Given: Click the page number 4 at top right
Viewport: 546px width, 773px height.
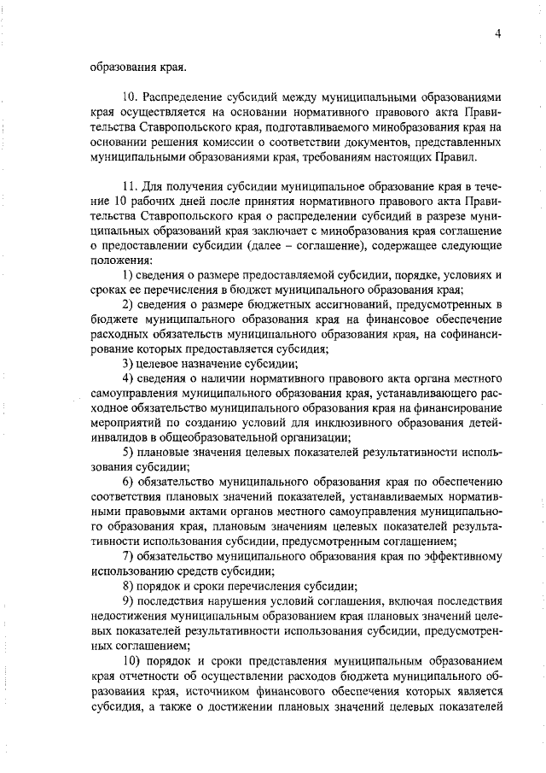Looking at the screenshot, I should (497, 33).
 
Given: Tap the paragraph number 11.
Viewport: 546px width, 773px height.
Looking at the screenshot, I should (130, 187).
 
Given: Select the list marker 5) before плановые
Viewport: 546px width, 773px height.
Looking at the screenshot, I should (128, 450).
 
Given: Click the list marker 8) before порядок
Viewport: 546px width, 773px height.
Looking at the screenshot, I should (128, 586).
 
